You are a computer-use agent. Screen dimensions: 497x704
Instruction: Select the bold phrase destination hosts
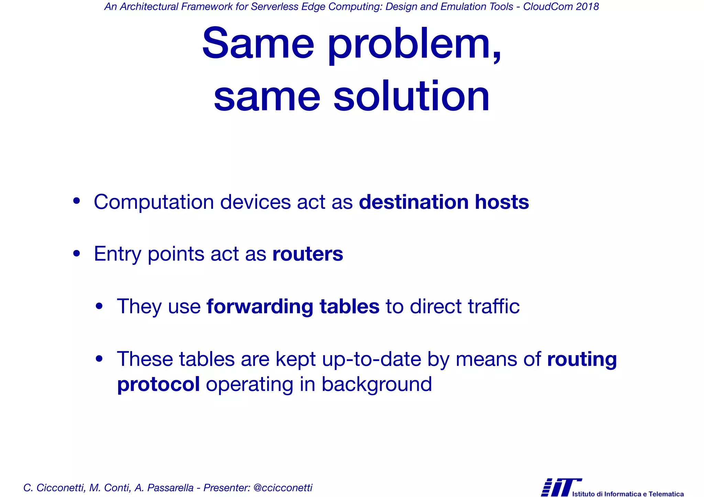coord(444,202)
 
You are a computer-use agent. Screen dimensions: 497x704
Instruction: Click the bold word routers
coord(308,254)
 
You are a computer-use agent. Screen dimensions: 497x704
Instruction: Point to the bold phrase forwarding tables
coord(293,306)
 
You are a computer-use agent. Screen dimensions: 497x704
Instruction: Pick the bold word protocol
coord(158,384)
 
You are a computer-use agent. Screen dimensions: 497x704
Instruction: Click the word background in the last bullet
coord(377,384)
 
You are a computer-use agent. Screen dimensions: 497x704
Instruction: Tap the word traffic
coord(494,306)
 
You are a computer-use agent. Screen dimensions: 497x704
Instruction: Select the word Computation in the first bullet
coord(154,202)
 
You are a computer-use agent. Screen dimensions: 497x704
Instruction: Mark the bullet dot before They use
coord(99,306)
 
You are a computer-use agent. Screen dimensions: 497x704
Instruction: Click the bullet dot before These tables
coord(99,359)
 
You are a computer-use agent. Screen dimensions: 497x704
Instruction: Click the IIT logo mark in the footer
coord(560,487)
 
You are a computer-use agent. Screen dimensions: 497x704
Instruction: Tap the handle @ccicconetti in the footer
coord(283,488)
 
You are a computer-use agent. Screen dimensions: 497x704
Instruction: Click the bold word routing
coord(582,360)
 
